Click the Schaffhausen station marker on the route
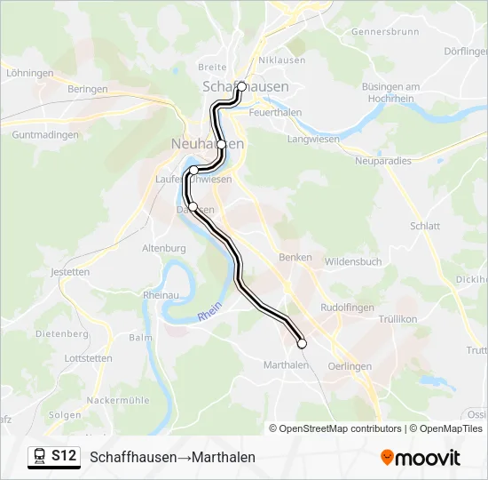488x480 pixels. tap(241, 87)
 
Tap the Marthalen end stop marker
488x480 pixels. tap(302, 343)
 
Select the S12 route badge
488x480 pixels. tap(53, 456)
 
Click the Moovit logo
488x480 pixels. tap(421, 458)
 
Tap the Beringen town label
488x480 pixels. tap(87, 90)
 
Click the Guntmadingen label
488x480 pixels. tap(45, 135)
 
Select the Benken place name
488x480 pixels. tap(295, 258)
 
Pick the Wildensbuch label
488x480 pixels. tap(353, 262)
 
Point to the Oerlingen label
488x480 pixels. tap(349, 366)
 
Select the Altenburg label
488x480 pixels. tap(162, 250)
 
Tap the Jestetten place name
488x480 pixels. tap(71, 272)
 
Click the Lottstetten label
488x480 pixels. tap(89, 359)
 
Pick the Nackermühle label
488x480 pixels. tap(115, 401)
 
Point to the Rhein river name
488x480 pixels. tap(209, 314)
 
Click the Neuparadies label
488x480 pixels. tap(383, 161)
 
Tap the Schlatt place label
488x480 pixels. tap(425, 227)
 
